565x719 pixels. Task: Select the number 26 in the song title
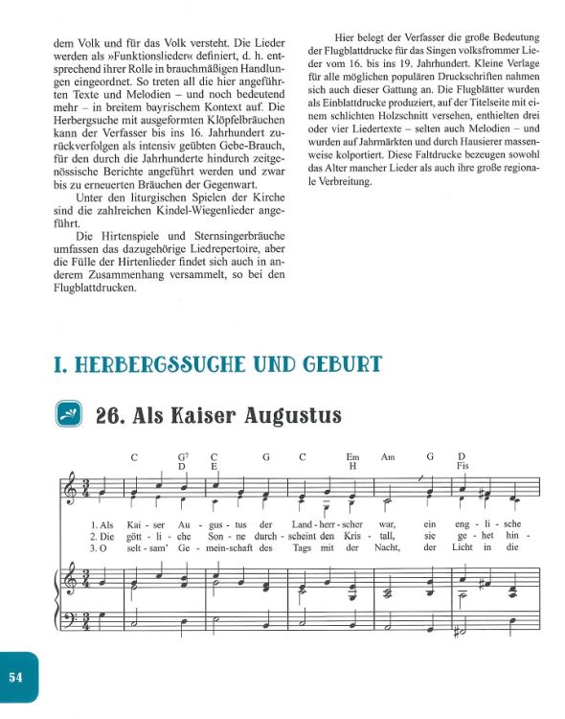(x=111, y=415)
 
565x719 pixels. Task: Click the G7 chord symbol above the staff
(x=182, y=456)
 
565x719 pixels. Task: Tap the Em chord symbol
(x=352, y=456)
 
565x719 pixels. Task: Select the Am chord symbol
(x=388, y=456)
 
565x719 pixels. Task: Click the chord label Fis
(x=463, y=466)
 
